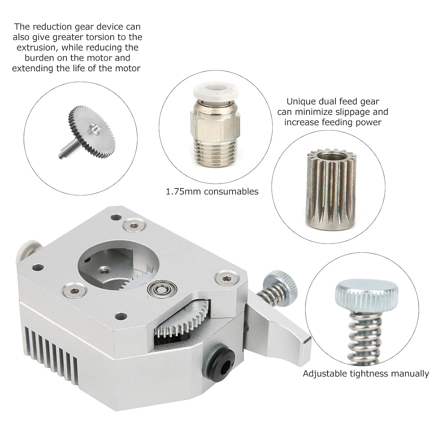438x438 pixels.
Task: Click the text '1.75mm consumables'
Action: (x=212, y=192)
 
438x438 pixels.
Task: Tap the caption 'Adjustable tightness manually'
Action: (x=366, y=374)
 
